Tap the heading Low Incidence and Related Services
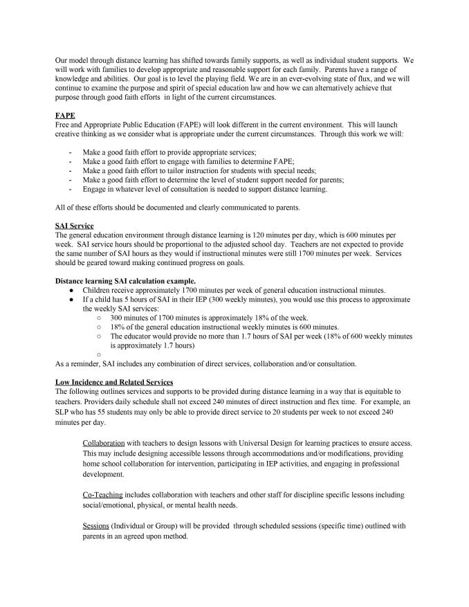tap(114, 382)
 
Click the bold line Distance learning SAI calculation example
tap(125, 280)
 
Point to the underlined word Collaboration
tap(104, 442)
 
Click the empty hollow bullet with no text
tap(100, 354)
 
